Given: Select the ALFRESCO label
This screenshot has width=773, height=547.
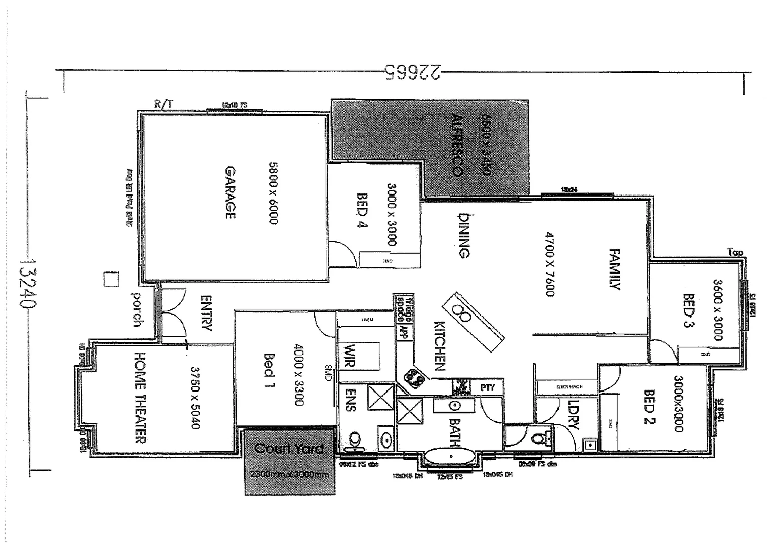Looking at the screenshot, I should click(x=456, y=145).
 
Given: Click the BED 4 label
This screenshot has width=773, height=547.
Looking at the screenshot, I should click(x=362, y=210).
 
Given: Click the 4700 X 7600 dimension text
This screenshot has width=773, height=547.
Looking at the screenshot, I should click(x=550, y=264).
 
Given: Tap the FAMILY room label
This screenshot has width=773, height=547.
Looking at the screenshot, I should click(x=614, y=268).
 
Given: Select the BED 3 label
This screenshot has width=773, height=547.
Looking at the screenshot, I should click(x=688, y=310).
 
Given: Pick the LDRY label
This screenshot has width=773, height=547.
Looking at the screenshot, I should click(x=573, y=416).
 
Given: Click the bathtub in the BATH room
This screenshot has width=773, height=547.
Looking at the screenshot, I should click(x=449, y=457).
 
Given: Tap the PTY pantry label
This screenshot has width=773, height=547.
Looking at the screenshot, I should click(x=487, y=388).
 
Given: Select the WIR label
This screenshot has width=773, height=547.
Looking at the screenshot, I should click(x=350, y=356).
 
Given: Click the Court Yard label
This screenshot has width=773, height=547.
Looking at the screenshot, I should click(x=289, y=449).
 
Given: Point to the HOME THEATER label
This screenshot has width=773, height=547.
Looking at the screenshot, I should click(x=140, y=397).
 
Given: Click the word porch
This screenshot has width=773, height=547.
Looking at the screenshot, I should click(x=136, y=309).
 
